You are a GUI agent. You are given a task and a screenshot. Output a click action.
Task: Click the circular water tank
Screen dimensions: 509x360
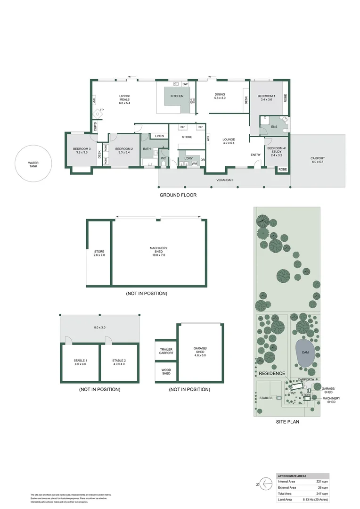click(33, 164)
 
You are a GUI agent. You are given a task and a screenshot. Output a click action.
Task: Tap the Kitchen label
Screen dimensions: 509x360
click(177, 96)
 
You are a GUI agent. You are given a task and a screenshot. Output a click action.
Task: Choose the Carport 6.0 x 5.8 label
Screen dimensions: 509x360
click(318, 160)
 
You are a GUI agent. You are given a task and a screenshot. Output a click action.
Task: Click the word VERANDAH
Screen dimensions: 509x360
click(224, 180)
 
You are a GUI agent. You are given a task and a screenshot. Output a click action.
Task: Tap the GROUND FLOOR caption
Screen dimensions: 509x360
click(178, 195)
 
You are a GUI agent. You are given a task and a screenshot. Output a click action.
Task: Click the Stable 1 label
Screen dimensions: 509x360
click(80, 362)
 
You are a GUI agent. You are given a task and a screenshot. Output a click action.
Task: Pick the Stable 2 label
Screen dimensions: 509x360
click(119, 362)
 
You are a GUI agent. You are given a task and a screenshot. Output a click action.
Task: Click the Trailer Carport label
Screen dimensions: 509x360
click(166, 351)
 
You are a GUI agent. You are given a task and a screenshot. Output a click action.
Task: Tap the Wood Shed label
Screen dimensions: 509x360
click(166, 372)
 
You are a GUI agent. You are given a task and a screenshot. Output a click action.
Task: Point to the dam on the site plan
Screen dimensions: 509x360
click(306, 353)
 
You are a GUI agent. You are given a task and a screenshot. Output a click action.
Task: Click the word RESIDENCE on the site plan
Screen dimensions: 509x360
click(272, 373)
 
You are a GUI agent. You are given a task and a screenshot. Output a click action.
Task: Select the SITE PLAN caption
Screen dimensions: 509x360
click(287, 422)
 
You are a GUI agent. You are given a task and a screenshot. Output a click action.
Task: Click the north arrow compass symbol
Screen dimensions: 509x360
click(267, 483)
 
